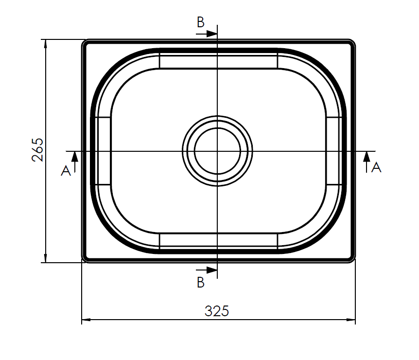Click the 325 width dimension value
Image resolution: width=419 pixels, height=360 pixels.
(x=216, y=311)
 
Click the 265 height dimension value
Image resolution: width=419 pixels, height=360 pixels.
(x=38, y=150)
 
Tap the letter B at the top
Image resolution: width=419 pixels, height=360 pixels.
(x=201, y=22)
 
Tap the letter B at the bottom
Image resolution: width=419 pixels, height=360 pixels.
(x=201, y=282)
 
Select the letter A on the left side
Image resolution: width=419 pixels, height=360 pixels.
(x=66, y=170)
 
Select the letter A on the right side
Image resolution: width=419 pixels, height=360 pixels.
(x=376, y=168)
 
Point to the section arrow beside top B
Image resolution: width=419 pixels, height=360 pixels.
(x=209, y=34)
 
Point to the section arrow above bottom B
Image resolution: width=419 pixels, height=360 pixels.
(x=209, y=270)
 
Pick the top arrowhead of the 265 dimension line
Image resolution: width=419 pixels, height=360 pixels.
(x=45, y=44)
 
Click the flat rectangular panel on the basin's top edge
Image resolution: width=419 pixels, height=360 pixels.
(x=218, y=61)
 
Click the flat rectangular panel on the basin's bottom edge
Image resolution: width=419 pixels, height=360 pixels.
(x=218, y=240)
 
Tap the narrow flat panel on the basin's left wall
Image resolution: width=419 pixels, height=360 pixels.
(x=104, y=151)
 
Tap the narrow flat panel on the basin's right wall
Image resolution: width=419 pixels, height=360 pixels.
(x=333, y=151)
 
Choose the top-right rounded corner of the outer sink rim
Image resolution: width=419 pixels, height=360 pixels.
(x=351, y=44)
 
